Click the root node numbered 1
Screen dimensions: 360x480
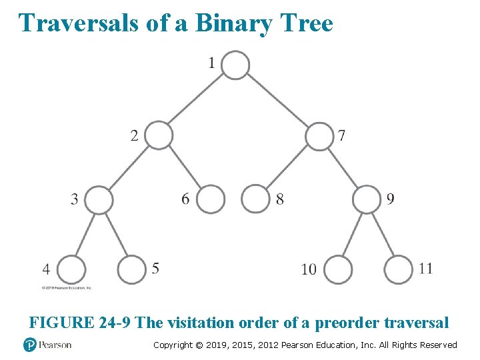tap(235, 65)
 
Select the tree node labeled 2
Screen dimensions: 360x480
tap(159, 135)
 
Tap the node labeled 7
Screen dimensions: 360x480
tap(319, 136)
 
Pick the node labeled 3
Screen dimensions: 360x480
tap(99, 199)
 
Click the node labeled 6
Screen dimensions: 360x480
tap(210, 199)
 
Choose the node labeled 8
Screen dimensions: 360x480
tap(255, 199)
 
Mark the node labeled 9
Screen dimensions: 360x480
tap(366, 199)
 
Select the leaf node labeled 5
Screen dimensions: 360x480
tap(131, 270)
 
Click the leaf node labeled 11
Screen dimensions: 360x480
tap(399, 270)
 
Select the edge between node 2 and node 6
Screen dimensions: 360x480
tap(185, 167)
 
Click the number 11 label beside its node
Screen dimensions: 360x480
tap(426, 268)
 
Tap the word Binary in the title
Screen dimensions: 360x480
tap(233, 23)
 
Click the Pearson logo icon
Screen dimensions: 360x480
tap(29, 345)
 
